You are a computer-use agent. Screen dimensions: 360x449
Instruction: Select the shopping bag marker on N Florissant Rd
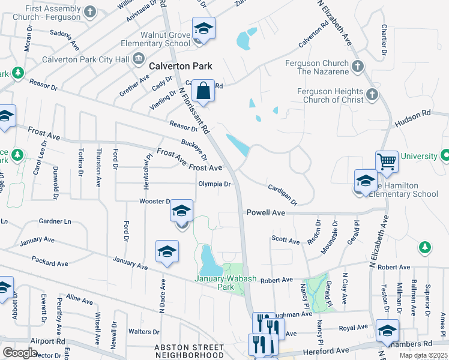[203, 92]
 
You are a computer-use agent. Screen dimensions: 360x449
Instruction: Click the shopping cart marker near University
[387, 161]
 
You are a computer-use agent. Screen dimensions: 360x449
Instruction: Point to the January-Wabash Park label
[214, 283]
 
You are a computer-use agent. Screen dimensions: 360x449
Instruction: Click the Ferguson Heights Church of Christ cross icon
[372, 95]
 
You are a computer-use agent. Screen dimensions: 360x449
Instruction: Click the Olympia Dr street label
[215, 184]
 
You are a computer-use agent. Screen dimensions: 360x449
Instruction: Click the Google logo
[20, 353]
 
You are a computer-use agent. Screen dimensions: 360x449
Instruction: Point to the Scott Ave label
[285, 240]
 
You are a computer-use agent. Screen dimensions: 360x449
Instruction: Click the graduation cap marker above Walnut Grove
[203, 29]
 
